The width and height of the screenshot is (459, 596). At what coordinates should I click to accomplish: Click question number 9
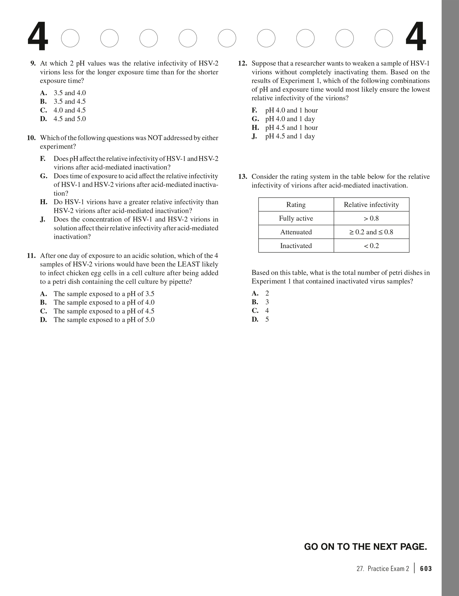click(x=33, y=64)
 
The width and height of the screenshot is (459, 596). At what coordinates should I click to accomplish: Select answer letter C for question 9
click(x=43, y=110)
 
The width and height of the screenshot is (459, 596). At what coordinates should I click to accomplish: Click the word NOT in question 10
click(x=155, y=138)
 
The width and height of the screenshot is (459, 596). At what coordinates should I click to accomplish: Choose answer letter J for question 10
click(x=43, y=219)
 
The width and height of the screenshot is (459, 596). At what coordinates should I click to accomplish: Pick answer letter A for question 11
click(x=43, y=294)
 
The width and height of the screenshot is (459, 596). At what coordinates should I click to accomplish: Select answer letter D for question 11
click(x=43, y=320)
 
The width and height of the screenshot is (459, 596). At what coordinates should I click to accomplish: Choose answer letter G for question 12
click(x=255, y=119)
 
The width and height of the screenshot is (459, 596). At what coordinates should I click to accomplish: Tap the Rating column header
click(x=296, y=205)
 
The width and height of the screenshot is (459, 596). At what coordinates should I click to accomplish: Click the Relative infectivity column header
click(x=371, y=205)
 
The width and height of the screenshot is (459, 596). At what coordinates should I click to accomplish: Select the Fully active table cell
click(x=296, y=218)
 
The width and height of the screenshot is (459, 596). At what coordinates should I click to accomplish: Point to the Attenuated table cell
click(x=296, y=232)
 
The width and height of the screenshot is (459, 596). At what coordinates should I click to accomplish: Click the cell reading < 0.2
click(x=371, y=246)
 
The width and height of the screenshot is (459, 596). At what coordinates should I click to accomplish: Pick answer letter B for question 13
click(x=255, y=302)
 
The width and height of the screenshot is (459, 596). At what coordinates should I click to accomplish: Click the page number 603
click(x=426, y=569)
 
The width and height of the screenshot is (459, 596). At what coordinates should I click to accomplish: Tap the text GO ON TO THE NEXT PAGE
click(x=366, y=546)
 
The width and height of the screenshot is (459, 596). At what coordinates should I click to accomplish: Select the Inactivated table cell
click(x=296, y=246)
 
